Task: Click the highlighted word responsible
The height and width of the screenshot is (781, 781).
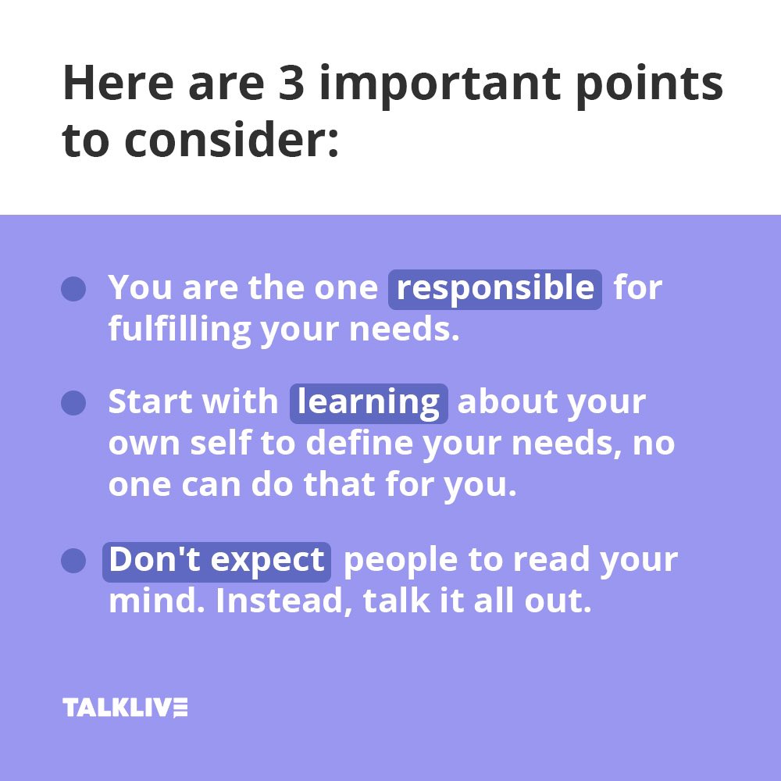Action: click(x=495, y=288)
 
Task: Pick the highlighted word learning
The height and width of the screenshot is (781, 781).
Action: click(x=369, y=402)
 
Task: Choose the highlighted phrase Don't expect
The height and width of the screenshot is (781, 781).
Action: click(x=216, y=561)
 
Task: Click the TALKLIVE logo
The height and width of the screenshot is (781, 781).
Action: click(x=125, y=708)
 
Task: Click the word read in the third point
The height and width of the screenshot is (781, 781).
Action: click(x=547, y=561)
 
